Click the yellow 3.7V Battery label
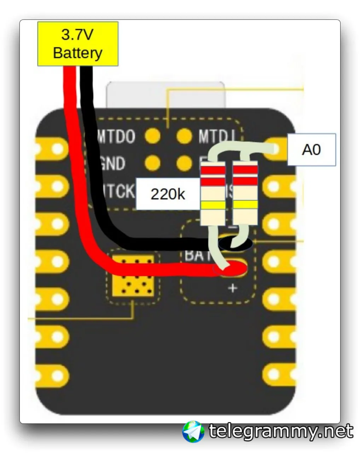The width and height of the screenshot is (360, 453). pos(78,44)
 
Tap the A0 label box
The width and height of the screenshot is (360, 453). pos(311,150)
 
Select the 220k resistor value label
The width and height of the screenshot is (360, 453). pos(168,194)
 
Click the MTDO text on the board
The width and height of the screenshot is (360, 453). pos(116,137)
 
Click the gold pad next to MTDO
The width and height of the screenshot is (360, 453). pos(152,136)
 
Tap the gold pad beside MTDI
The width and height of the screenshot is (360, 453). pos(184,136)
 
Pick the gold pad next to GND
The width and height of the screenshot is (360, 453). pos(152,163)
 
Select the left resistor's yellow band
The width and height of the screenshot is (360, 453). pos(213,205)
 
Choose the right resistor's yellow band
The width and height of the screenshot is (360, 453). pos(245,204)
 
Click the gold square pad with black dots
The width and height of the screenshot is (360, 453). pos(133,276)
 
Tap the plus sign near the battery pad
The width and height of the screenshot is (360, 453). pos(232,288)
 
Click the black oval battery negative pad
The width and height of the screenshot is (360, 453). pos(236,243)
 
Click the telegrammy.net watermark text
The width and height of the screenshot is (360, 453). pos(281,432)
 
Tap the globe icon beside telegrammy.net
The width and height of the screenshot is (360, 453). pos(193,432)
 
